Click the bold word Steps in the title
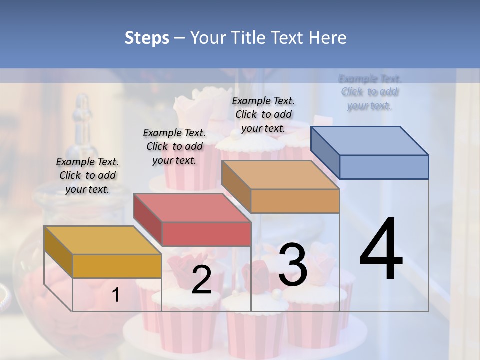coord(147,38)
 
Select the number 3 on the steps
coord(292,265)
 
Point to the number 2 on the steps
coord(201,280)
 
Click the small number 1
coord(115,295)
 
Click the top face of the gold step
coord(102,240)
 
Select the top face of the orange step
coord(280,175)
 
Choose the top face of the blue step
coord(370,141)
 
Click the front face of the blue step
coord(384,167)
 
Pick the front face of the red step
coord(206,234)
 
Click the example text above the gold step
coord(87,175)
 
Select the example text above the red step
coord(174,146)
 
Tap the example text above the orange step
coord(263,114)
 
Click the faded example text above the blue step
coord(369,92)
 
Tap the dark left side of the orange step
coord(236,186)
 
